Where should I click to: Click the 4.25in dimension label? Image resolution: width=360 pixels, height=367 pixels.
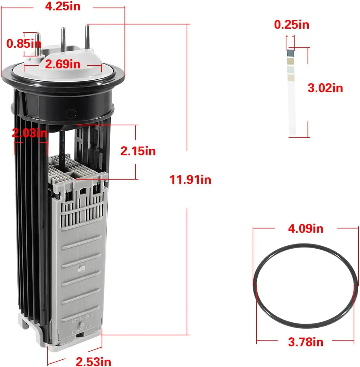tap(63, 7)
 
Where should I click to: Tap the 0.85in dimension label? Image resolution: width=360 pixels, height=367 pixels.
tap(24, 44)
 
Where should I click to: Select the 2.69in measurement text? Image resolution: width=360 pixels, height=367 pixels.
tap(63, 64)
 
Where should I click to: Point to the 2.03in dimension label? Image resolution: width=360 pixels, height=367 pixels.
tap(30, 133)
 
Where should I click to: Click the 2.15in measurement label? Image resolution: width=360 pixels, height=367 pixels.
tap(138, 151)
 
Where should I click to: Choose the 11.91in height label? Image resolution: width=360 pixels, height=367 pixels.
tap(190, 180)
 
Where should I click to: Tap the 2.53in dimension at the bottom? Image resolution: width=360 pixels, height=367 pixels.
tap(93, 361)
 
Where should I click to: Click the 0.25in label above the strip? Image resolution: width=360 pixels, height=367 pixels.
tap(292, 25)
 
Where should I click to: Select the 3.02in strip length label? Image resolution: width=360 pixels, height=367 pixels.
tap(325, 88)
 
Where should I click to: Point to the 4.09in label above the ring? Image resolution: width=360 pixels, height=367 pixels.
tap(305, 228)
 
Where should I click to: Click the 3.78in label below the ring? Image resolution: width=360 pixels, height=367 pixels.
tap(305, 342)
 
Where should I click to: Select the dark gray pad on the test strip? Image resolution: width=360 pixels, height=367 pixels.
tap(290, 53)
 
